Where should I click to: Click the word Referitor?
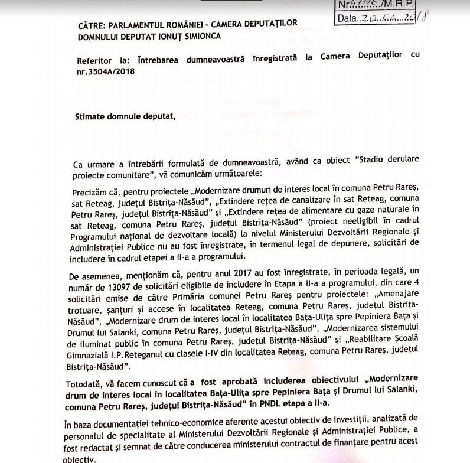pos(97,61)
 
